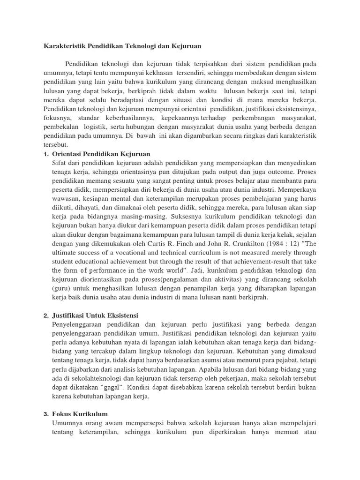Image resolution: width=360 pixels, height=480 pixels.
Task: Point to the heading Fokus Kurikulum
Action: click(80, 414)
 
